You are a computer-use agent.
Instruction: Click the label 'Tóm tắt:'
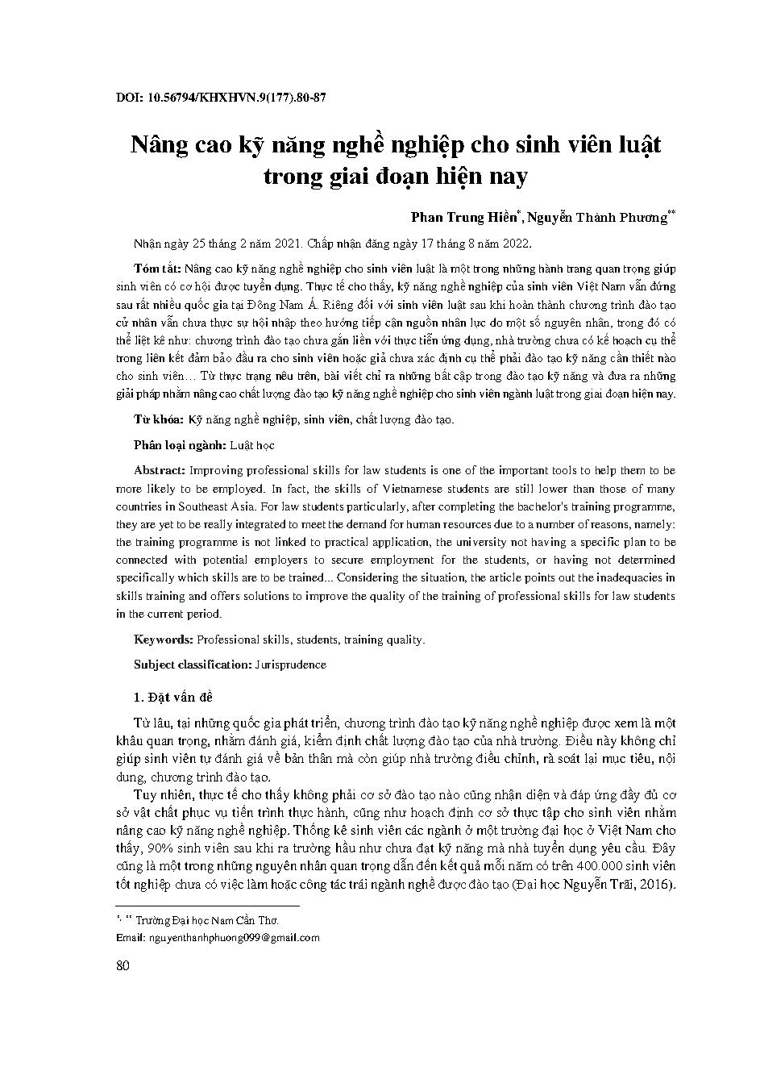(x=158, y=269)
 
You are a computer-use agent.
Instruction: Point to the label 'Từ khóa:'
(x=159, y=419)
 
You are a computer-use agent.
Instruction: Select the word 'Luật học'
(x=253, y=444)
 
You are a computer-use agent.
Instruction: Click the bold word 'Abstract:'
(x=160, y=469)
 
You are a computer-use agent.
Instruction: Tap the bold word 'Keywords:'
(x=164, y=640)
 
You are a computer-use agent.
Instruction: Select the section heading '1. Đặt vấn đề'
(x=172, y=697)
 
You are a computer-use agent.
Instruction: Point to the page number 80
(x=123, y=966)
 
